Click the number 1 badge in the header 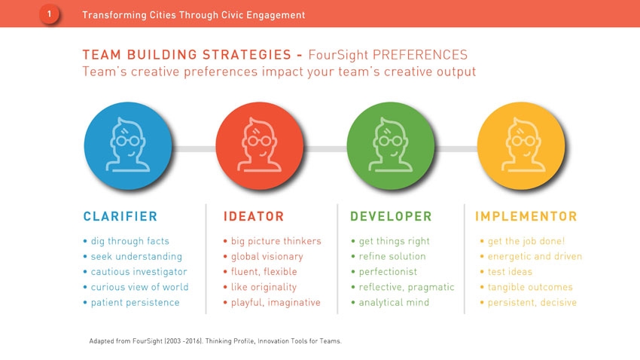tap(49, 14)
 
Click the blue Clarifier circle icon tap(128, 145)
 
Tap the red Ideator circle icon tap(260, 145)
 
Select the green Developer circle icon tap(391, 145)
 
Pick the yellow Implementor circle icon tap(521, 145)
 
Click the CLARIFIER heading tap(120, 216)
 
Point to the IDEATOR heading tap(254, 216)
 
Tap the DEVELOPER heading tap(391, 216)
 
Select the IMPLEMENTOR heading tap(526, 216)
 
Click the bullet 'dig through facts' tap(130, 241)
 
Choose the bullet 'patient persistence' tap(135, 303)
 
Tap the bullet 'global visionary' tap(267, 257)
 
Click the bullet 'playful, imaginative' tap(276, 303)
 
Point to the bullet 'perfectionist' tap(388, 272)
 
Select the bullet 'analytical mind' tap(394, 303)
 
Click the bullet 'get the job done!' tap(526, 241)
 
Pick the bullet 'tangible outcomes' tap(530, 288)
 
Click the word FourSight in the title tap(338, 55)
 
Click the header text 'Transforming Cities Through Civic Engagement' tap(194, 15)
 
